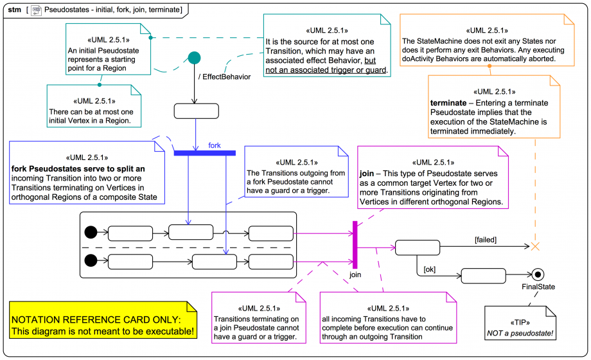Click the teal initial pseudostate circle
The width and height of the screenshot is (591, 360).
point(194,58)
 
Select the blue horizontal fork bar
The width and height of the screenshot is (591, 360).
point(205,152)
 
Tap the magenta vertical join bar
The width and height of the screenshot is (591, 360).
point(354,244)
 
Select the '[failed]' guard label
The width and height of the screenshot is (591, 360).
point(485,240)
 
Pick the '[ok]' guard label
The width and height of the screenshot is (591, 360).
point(429,269)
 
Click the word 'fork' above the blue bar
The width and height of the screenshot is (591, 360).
point(215,145)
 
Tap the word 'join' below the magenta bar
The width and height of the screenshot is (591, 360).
point(355,274)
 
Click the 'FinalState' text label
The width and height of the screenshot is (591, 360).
point(538,287)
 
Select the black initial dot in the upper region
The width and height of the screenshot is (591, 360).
point(91,232)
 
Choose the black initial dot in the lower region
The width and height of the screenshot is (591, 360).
point(91,260)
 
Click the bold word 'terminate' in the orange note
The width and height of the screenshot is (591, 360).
point(448,103)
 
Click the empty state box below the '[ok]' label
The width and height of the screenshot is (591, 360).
point(483,276)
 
